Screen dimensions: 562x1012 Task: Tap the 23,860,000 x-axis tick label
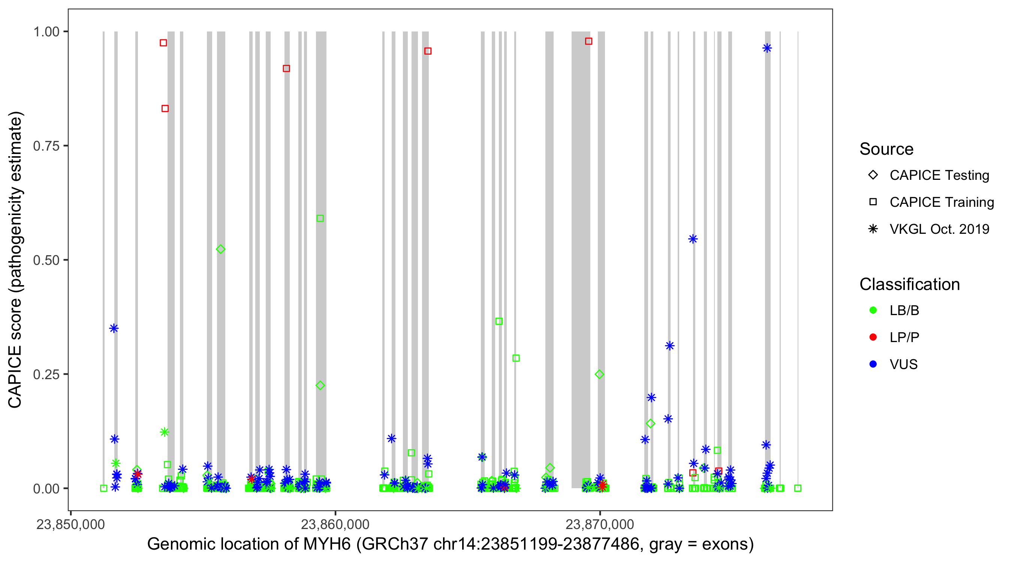[335, 524]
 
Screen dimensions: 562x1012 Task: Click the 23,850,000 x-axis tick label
[71, 524]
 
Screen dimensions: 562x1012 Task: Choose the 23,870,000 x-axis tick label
[599, 524]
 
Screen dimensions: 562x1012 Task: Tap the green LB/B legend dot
[873, 310]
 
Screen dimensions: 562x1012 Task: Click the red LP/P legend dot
[873, 337]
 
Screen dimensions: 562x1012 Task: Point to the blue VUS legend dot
[873, 364]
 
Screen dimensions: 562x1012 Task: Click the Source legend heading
[886, 149]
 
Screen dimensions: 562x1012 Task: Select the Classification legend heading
[909, 284]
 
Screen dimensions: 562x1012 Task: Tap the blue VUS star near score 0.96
[767, 48]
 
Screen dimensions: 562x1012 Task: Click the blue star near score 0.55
[693, 239]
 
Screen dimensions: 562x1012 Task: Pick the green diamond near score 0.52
[220, 250]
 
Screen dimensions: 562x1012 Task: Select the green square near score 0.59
[320, 218]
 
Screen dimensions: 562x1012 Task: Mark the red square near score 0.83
[165, 108]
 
